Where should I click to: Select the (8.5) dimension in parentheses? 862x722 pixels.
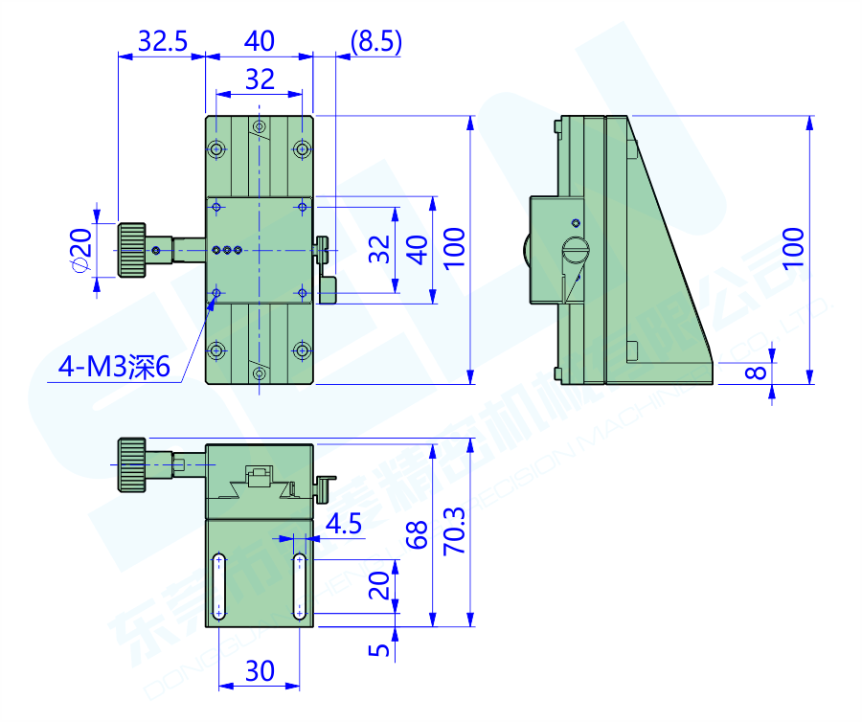(x=375, y=41)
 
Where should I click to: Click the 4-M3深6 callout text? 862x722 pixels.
(x=113, y=366)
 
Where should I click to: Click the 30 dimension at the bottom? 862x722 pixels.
(x=260, y=671)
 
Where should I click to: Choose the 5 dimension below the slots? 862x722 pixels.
(x=381, y=650)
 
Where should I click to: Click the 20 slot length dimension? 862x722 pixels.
(x=381, y=585)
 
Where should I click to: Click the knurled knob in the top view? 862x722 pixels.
(x=131, y=250)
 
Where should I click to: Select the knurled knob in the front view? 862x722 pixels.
(x=131, y=464)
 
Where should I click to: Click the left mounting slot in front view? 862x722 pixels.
(x=219, y=587)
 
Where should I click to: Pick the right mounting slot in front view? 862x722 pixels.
(x=300, y=587)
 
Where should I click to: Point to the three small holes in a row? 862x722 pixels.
(x=227, y=250)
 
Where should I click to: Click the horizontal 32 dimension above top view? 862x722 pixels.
(x=260, y=79)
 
